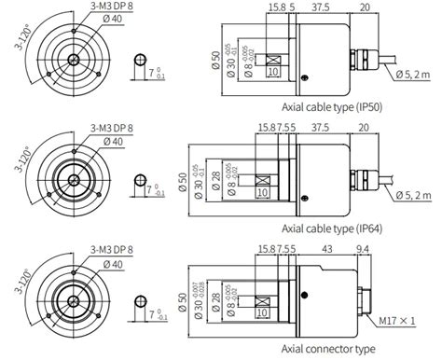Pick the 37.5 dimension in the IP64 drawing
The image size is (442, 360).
tap(322, 127)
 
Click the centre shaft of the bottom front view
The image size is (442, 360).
tap(72, 301)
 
